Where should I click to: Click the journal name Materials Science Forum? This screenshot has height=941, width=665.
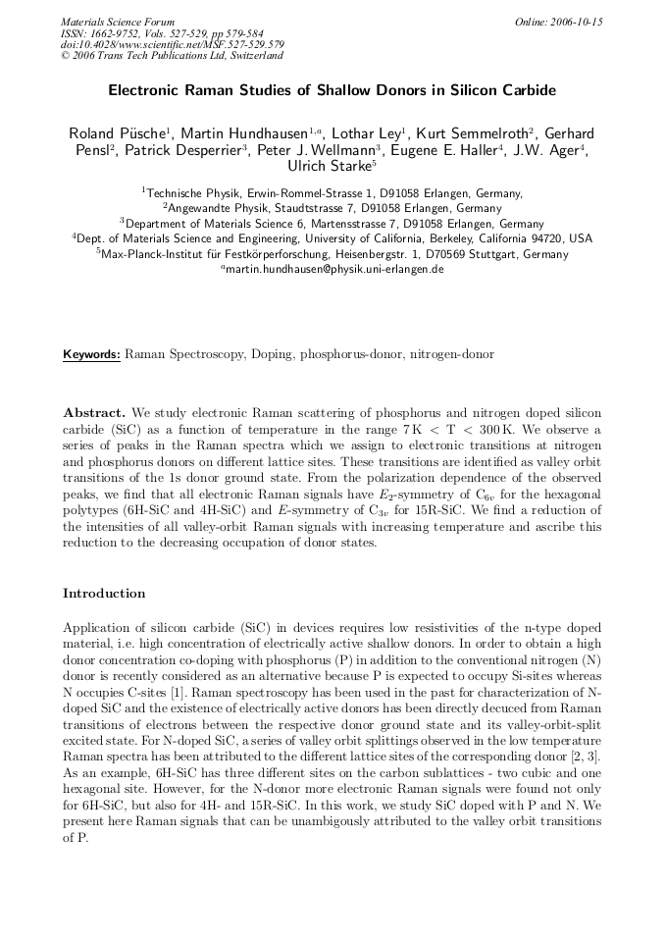pyautogui.click(x=118, y=22)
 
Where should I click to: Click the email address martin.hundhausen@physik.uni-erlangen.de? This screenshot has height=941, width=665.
pyautogui.click(x=333, y=269)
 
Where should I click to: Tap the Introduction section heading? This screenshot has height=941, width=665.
pyautogui.click(x=104, y=593)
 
